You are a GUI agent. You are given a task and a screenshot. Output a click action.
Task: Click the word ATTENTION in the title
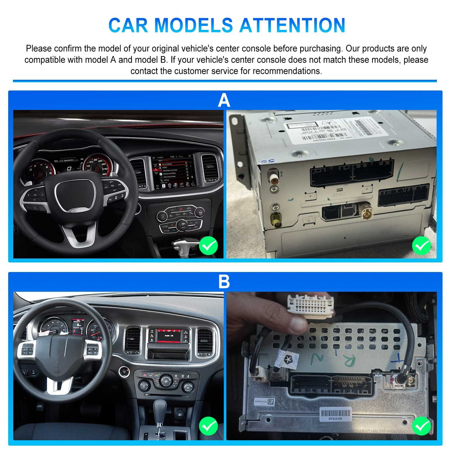(292, 25)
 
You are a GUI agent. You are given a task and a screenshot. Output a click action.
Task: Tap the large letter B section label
(224, 281)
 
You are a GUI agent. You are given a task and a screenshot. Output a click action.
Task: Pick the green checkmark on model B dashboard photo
(208, 426)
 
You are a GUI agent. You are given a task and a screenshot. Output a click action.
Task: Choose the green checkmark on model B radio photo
(421, 426)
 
